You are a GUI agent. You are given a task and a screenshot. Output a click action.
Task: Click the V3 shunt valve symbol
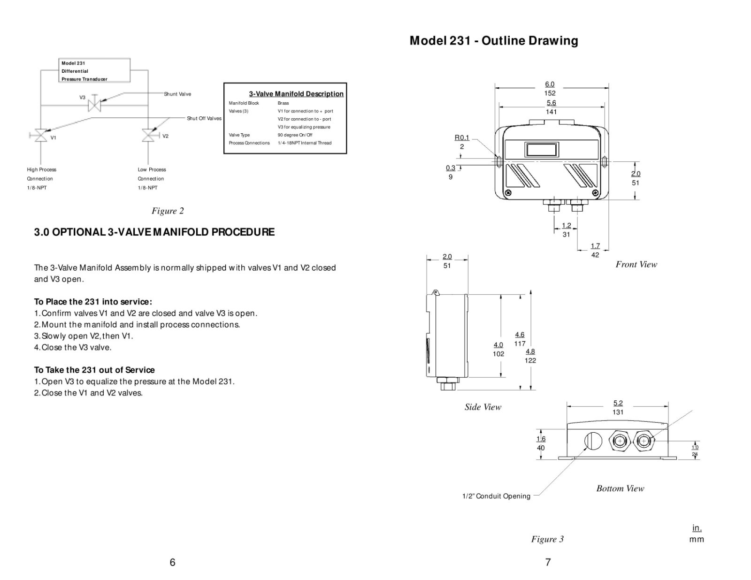[94, 105]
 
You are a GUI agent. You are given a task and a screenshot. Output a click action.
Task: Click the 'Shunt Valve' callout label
[177, 94]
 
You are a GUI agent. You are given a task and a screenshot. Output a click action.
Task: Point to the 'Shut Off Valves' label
[204, 118]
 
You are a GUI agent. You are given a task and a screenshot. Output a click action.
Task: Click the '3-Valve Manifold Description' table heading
[296, 94]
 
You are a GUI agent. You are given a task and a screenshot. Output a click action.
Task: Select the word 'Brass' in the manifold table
[283, 103]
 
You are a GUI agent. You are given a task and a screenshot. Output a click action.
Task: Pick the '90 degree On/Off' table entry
[295, 135]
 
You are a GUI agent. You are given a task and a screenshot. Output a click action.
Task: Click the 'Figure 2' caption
[168, 211]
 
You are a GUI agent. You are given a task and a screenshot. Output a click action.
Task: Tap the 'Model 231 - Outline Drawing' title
[493, 41]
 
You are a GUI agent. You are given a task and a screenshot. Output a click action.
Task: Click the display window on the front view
[541, 150]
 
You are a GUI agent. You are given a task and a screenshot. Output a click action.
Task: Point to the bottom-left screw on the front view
[508, 193]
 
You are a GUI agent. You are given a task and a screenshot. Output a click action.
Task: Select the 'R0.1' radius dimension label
[462, 137]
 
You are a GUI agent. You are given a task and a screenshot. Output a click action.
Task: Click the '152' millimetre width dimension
[550, 93]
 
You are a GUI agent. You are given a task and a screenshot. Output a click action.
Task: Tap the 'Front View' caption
[636, 264]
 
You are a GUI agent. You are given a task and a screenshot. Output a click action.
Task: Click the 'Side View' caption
[483, 407]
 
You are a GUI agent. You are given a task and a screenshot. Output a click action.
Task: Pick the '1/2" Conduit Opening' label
[496, 496]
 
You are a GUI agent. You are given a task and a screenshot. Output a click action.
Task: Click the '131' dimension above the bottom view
[618, 412]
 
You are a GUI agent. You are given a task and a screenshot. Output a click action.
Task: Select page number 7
[548, 562]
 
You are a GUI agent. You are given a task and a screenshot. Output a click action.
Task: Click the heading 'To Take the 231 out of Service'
[94, 370]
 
